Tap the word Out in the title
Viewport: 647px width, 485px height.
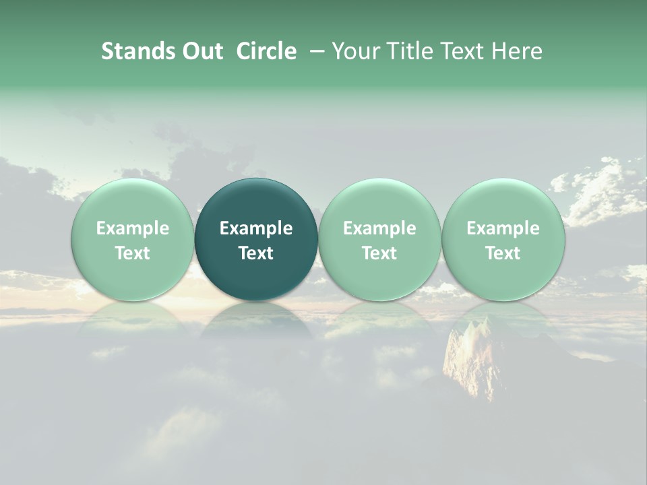[x=202, y=51]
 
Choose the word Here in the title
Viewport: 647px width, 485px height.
[x=518, y=51]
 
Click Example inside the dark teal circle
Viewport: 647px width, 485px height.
[x=256, y=228]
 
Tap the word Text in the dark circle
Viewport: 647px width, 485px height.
[x=256, y=253]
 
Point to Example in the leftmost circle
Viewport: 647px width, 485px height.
[x=132, y=228]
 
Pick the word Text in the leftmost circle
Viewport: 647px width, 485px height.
[x=132, y=253]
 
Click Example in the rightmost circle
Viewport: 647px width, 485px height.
[x=503, y=228]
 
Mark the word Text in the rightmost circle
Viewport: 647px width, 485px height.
[x=503, y=253]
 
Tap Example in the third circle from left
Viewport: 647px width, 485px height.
[x=379, y=228]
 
